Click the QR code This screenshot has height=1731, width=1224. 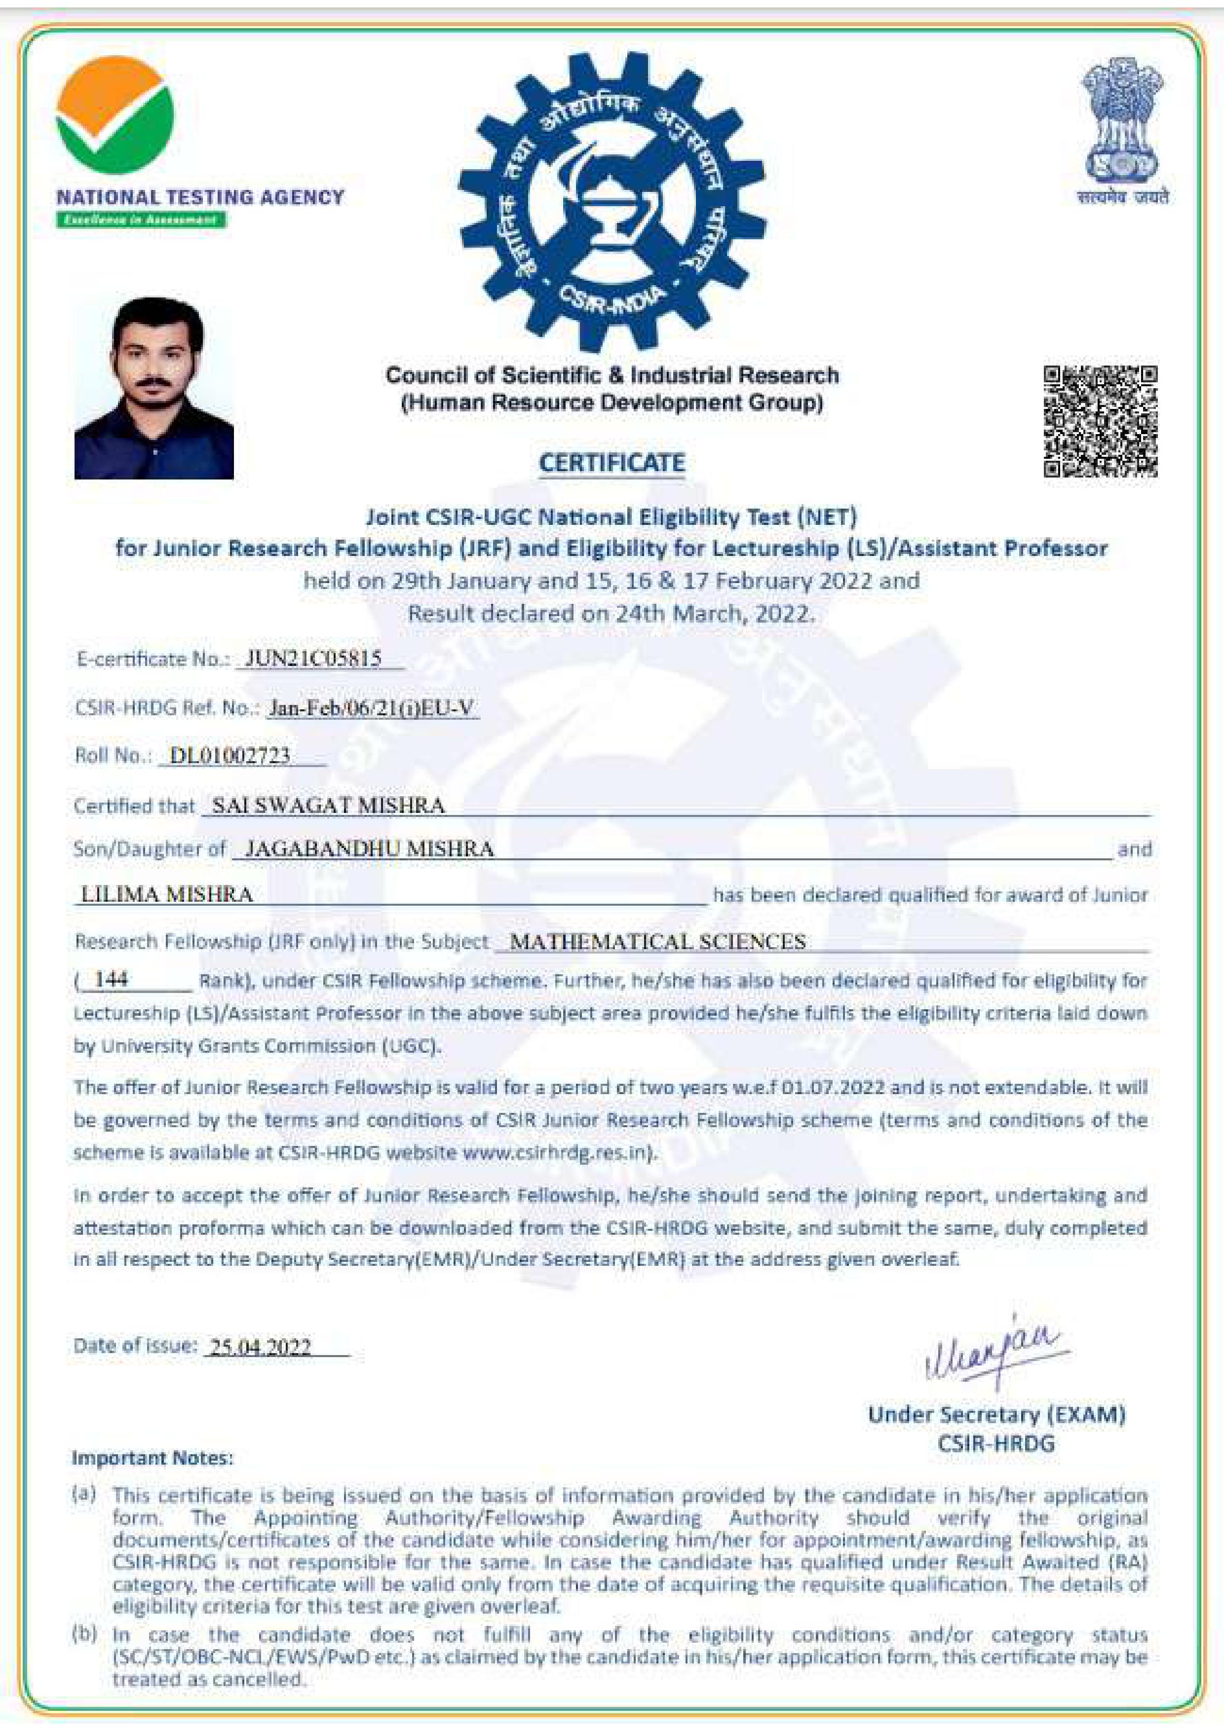[1100, 421]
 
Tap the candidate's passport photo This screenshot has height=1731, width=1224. [154, 388]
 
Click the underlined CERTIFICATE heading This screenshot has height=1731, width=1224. [612, 462]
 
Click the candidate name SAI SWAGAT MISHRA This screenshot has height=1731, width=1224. [328, 805]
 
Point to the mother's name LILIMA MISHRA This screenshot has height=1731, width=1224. [167, 894]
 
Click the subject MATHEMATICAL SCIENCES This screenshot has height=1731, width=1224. [657, 942]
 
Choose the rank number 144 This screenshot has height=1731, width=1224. [111, 979]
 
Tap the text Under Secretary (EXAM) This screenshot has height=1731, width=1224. [996, 1414]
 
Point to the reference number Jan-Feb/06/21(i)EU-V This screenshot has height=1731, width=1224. [372, 707]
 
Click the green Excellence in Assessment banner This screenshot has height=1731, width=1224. [141, 220]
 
